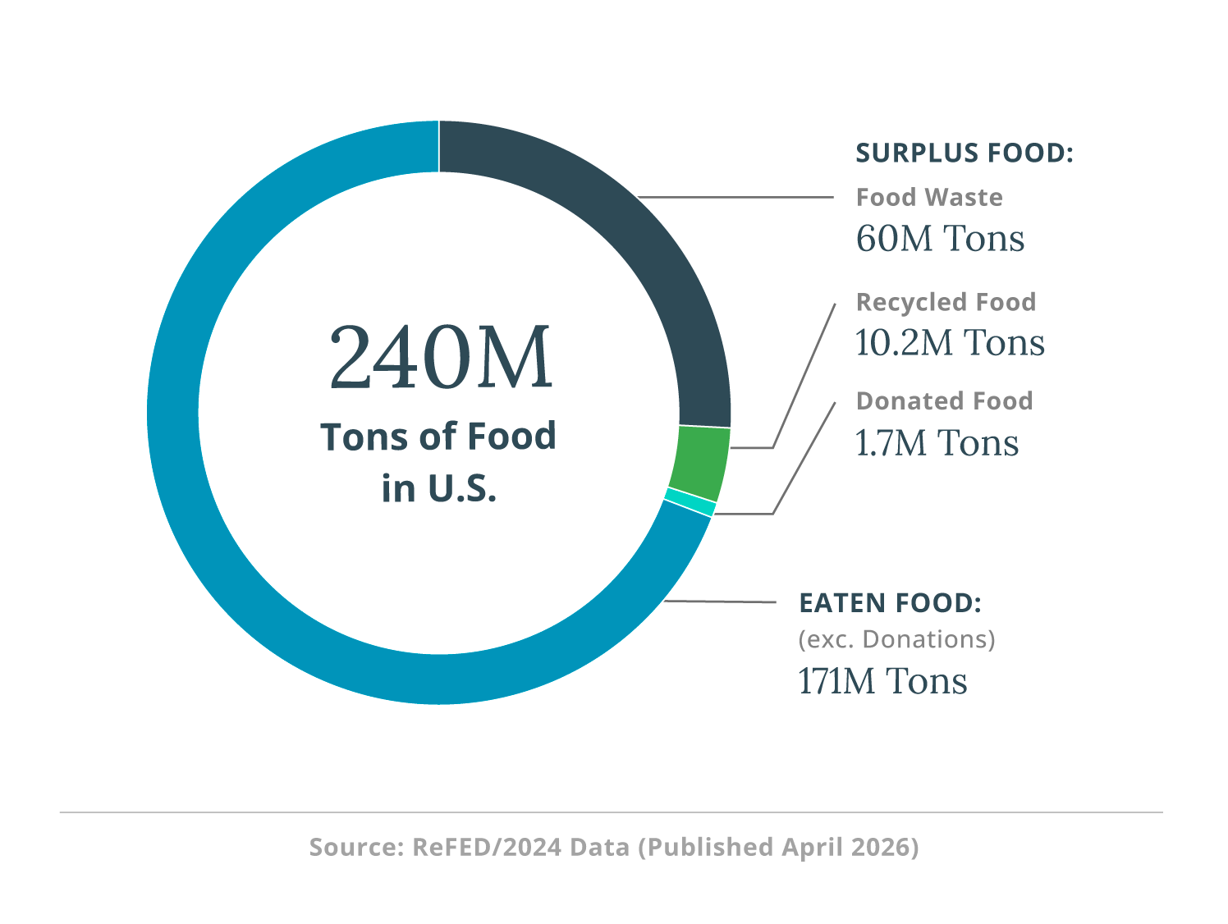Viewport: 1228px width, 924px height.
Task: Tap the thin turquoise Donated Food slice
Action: pos(690,502)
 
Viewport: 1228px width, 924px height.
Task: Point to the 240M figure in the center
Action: pos(440,359)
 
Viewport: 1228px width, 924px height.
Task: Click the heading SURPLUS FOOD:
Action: pos(965,153)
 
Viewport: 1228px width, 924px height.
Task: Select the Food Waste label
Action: pos(929,198)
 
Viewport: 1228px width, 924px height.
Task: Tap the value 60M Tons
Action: pos(940,239)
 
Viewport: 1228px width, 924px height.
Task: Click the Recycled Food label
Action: pos(946,302)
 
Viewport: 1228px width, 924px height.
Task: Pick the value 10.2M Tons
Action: pos(950,343)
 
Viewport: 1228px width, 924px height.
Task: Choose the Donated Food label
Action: pos(944,401)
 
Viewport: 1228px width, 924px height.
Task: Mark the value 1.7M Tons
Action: pos(937,443)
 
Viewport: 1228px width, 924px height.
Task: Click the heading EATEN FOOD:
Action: pos(890,603)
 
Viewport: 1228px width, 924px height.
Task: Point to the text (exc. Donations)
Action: pos(896,639)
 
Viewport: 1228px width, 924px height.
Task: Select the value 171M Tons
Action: pos(882,681)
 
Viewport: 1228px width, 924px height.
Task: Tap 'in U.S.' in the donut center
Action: pos(439,488)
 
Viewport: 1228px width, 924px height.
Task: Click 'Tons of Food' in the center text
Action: pos(438,437)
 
